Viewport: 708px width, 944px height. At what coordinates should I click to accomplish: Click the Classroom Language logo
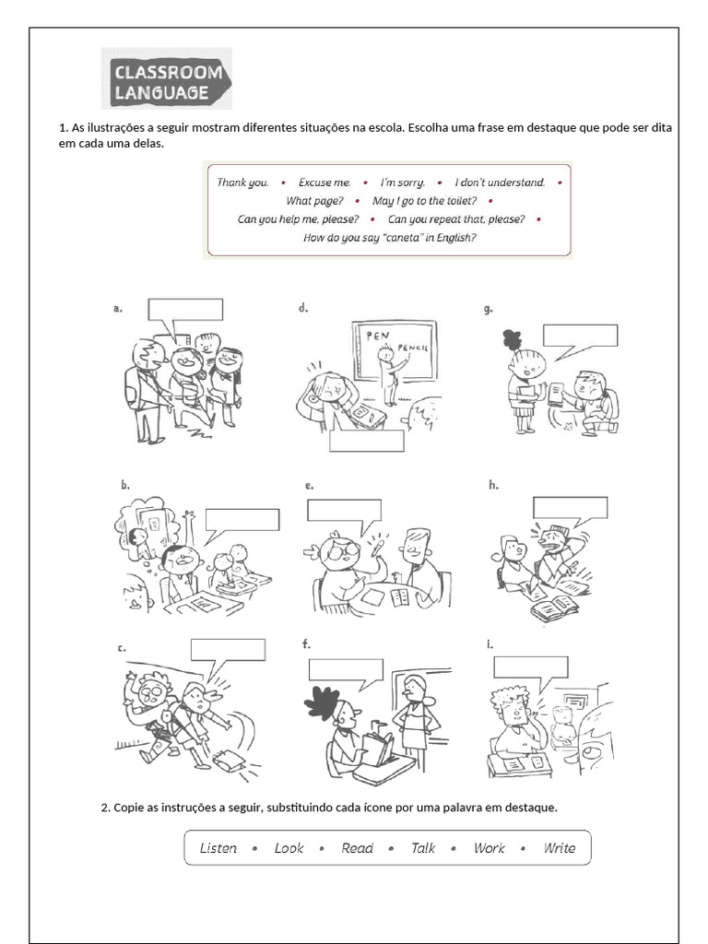tap(167, 80)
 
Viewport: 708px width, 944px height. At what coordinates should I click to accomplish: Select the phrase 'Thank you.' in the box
tap(242, 183)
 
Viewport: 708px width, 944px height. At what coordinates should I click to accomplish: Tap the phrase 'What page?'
tap(314, 201)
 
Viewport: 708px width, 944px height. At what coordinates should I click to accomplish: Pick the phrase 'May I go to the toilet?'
tap(424, 201)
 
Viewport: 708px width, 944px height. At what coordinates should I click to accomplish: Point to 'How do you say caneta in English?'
tap(389, 238)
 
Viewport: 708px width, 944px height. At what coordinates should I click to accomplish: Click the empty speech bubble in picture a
tap(185, 311)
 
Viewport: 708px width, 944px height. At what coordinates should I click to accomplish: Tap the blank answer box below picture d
tap(367, 442)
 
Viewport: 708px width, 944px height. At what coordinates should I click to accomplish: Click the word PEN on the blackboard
tap(377, 336)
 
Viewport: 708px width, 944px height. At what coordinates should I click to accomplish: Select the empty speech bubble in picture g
tap(580, 336)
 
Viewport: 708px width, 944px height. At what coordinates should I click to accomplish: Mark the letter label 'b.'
tap(124, 484)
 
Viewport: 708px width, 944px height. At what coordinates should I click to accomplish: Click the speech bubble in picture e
tap(344, 512)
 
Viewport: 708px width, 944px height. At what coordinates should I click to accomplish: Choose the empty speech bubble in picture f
tap(346, 670)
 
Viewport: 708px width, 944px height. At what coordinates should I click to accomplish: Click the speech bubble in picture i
tap(530, 667)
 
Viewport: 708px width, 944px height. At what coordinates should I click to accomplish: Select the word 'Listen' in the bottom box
tap(218, 848)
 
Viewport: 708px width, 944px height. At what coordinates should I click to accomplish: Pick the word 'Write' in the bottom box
tap(559, 848)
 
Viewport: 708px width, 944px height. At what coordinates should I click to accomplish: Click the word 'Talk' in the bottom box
tap(423, 848)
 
